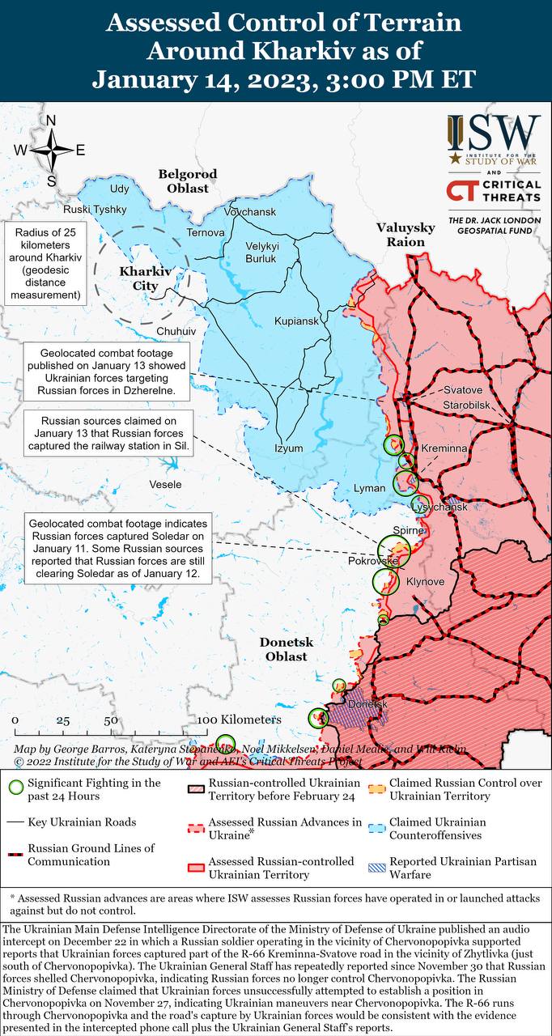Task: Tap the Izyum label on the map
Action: [288, 448]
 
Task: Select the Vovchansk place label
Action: [251, 212]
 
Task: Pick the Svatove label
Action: [462, 390]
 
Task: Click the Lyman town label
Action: [370, 489]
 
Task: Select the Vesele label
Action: [165, 484]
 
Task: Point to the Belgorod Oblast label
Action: [188, 180]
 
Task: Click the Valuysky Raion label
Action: [406, 235]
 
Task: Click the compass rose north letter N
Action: [51, 121]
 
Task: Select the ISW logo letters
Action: [494, 133]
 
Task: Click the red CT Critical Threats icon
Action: [461, 191]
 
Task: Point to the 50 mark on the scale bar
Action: [111, 720]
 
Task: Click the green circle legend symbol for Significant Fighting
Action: [15, 786]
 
